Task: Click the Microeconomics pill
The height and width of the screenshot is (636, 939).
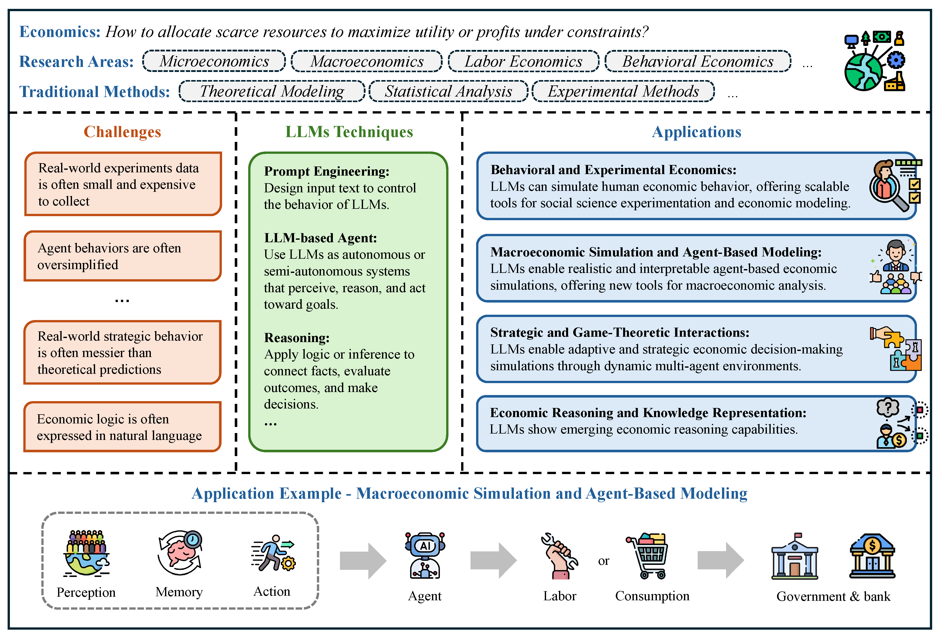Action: pyautogui.click(x=214, y=61)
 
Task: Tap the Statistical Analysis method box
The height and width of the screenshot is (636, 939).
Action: pyautogui.click(x=448, y=91)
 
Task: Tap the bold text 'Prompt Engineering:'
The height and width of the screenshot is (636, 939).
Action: pyautogui.click(x=327, y=171)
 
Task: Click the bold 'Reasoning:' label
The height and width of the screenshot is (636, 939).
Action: pyautogui.click(x=297, y=338)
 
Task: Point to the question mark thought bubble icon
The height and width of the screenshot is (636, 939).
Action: pyautogui.click(x=888, y=408)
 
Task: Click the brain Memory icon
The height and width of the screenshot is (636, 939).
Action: pyautogui.click(x=180, y=552)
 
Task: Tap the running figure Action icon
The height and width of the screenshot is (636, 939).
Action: pyautogui.click(x=273, y=553)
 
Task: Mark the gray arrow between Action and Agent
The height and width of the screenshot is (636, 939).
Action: pyautogui.click(x=363, y=560)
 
